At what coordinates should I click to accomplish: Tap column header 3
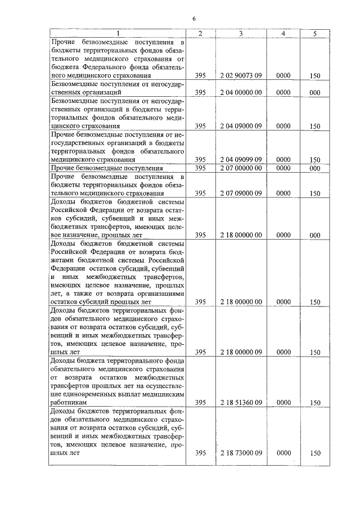point(241,34)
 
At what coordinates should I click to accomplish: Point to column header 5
point(315,34)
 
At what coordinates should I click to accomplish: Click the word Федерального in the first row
point(108,66)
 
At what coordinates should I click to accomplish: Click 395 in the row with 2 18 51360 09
point(200,403)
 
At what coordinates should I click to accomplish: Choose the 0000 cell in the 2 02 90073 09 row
point(283,75)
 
